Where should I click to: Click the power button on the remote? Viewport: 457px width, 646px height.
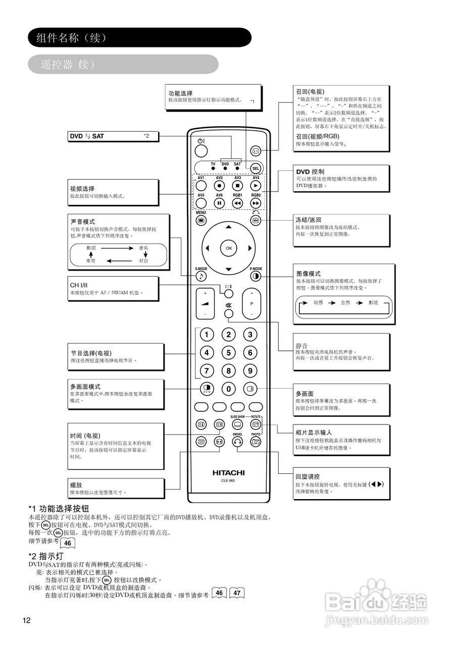click(x=201, y=150)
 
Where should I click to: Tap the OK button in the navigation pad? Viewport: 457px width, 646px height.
click(x=229, y=248)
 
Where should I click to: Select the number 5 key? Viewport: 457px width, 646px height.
click(x=229, y=353)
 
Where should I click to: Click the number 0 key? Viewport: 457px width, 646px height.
click(x=229, y=389)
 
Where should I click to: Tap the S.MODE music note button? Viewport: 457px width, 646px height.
click(x=201, y=276)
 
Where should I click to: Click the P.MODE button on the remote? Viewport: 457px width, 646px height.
click(x=256, y=276)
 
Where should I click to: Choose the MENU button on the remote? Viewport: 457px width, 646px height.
click(x=201, y=220)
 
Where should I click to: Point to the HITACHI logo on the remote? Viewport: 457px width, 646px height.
click(x=228, y=473)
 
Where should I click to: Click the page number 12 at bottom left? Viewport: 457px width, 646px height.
click(x=27, y=620)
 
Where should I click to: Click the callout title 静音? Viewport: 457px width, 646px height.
click(x=301, y=346)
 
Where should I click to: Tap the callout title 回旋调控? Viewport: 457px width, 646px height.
click(x=308, y=476)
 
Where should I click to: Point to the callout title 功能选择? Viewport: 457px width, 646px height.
click(x=180, y=93)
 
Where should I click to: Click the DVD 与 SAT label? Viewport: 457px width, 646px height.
click(x=87, y=136)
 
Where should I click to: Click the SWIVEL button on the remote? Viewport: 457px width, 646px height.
click(x=237, y=441)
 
